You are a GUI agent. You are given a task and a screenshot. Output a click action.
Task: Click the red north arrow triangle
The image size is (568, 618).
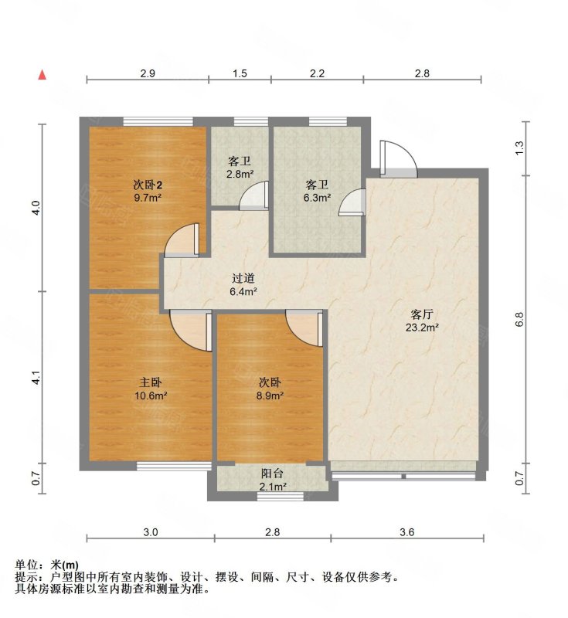click(43, 75)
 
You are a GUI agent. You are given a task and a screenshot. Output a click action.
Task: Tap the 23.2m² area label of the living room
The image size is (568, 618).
click(422, 327)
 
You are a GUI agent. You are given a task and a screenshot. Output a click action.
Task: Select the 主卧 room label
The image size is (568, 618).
click(151, 382)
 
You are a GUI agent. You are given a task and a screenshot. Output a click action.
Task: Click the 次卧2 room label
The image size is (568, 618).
click(148, 185)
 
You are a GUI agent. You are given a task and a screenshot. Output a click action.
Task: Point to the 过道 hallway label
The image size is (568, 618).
click(243, 278)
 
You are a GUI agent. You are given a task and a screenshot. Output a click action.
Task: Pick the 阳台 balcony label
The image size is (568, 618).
click(272, 474)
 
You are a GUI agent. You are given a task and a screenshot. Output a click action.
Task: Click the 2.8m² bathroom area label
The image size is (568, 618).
click(240, 175)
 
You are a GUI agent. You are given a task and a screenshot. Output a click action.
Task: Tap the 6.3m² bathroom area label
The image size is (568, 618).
click(317, 198)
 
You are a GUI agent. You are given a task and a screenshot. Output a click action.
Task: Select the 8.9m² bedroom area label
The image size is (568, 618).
click(270, 396)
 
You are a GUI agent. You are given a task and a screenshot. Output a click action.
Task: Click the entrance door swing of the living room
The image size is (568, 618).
click(398, 158)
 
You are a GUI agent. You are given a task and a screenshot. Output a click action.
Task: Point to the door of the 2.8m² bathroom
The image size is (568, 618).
click(254, 195)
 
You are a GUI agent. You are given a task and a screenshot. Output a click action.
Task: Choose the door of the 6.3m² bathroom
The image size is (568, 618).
click(352, 202)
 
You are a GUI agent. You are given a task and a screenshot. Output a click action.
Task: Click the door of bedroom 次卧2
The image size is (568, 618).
click(182, 240)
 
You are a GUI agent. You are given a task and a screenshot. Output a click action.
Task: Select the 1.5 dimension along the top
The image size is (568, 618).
click(240, 73)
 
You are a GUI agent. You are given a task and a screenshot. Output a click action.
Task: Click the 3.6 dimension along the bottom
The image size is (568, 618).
click(407, 532)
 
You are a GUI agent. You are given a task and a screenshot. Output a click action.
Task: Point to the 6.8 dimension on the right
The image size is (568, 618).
click(519, 319)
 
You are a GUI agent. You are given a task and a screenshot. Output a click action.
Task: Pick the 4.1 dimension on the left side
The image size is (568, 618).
click(36, 378)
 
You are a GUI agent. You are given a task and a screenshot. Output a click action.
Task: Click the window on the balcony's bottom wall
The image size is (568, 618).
click(281, 497)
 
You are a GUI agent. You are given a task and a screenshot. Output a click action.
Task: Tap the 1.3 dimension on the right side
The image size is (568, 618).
click(519, 148)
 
